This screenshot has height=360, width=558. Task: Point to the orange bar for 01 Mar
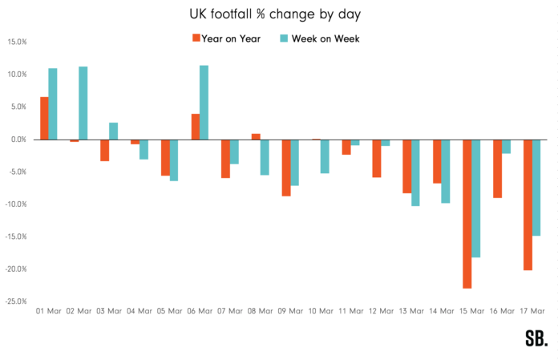[x=44, y=118]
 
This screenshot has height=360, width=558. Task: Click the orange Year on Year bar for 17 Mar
[x=528, y=204]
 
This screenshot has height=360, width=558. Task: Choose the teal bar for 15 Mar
[x=476, y=198]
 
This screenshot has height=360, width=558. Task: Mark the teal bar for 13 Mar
[x=415, y=172]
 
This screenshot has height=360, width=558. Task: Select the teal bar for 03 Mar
[x=113, y=131]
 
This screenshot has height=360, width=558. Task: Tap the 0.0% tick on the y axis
[x=18, y=140]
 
